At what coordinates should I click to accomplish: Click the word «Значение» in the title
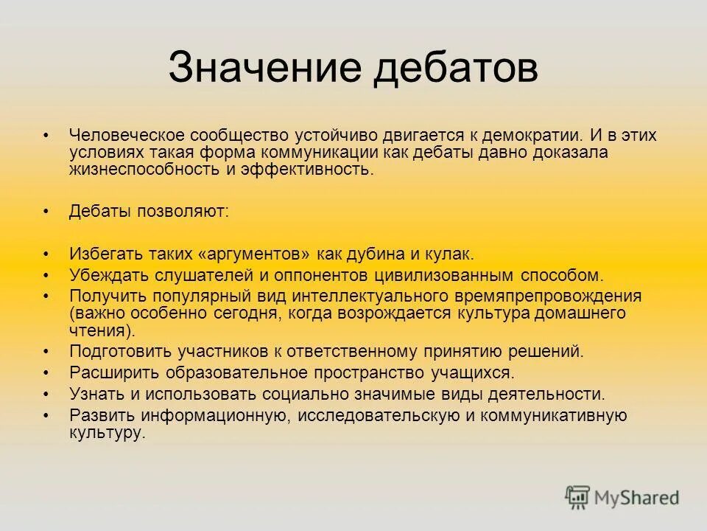pyautogui.click(x=264, y=69)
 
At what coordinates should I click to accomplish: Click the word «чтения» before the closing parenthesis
pyautogui.click(x=99, y=330)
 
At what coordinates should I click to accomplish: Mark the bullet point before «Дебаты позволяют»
pyautogui.click(x=46, y=212)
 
